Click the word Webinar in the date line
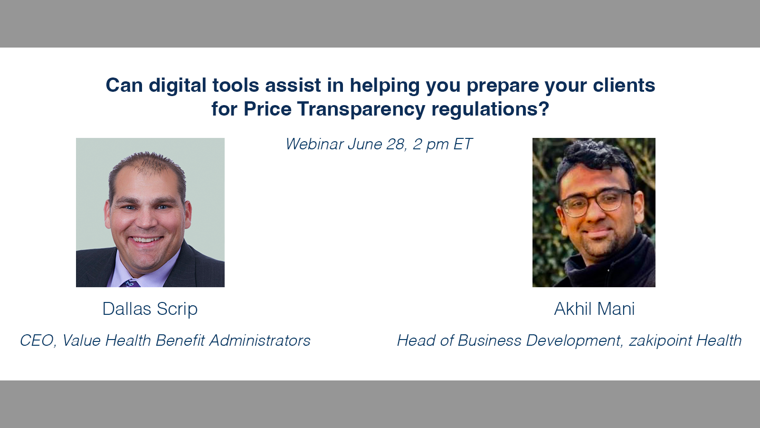(x=314, y=144)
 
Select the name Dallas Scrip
(x=150, y=309)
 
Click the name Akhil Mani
(x=594, y=309)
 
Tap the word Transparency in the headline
(x=361, y=109)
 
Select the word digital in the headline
(x=178, y=85)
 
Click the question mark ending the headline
(x=544, y=108)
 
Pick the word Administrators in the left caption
(x=259, y=340)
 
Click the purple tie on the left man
(x=130, y=283)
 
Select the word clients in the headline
(x=624, y=85)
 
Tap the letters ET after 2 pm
(x=463, y=144)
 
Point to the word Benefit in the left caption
(x=180, y=340)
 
